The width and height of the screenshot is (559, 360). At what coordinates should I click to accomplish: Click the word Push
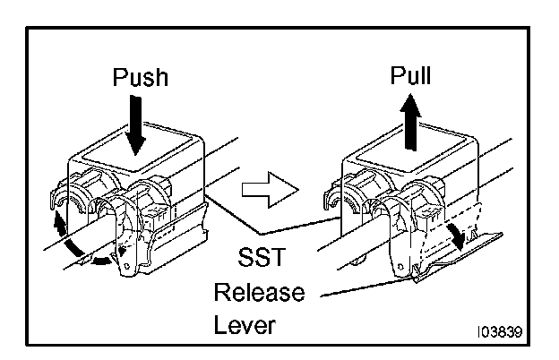pyautogui.click(x=139, y=77)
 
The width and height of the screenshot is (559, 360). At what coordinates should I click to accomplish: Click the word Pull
pyautogui.click(x=410, y=75)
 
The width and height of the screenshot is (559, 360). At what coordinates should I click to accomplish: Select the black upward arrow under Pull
pyautogui.click(x=410, y=116)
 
